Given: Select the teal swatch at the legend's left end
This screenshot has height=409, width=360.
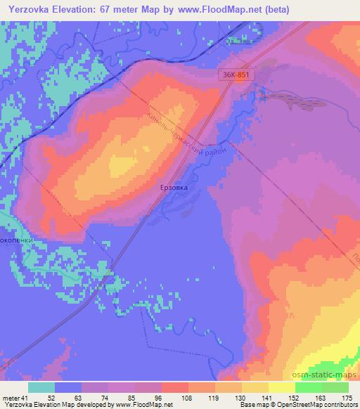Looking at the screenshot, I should pyautogui.click(x=41, y=387).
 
